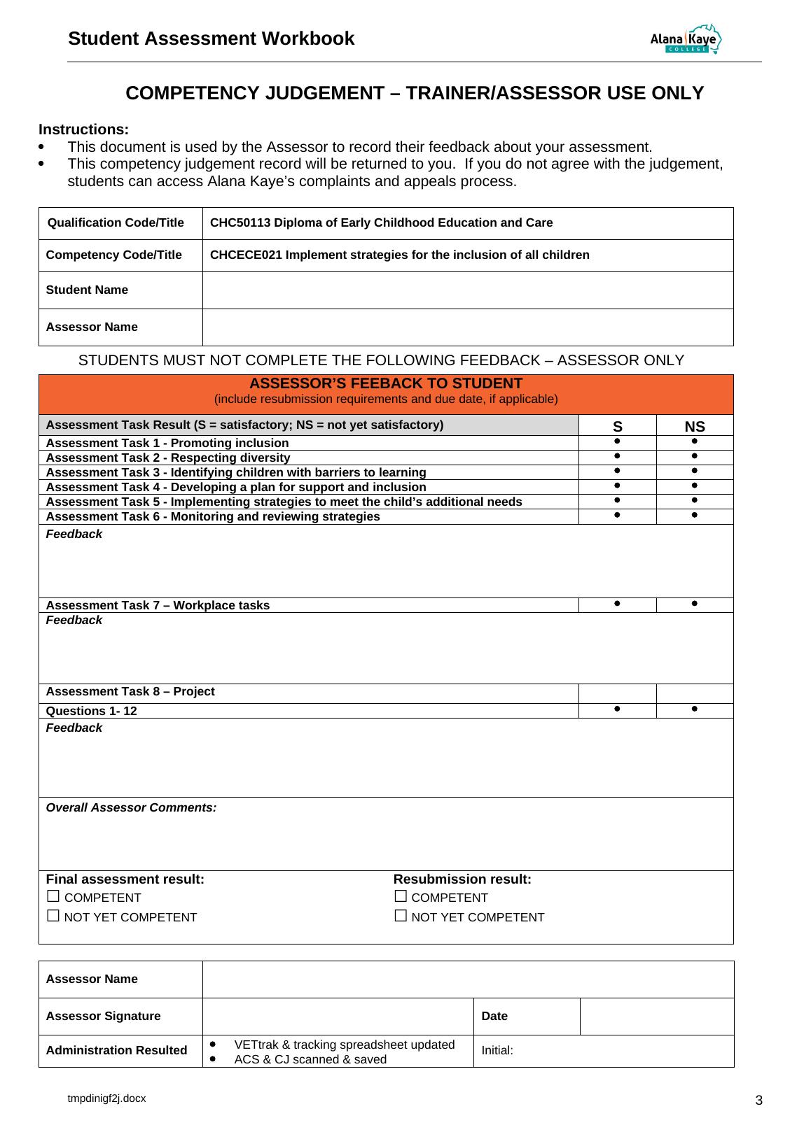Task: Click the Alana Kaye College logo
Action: [686, 40]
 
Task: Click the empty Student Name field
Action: [467, 290]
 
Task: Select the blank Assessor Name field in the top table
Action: [467, 327]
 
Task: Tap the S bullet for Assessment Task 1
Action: [617, 441]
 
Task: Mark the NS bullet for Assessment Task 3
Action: [694, 471]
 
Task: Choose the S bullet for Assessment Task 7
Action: [617, 603]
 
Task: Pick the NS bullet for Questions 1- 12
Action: [694, 709]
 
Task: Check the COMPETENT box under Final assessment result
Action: [53, 896]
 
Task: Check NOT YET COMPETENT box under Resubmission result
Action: [401, 916]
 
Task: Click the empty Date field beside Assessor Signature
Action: [656, 1016]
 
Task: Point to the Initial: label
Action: [497, 1050]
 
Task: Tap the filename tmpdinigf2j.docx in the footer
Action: [106, 1098]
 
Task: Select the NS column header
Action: [695, 427]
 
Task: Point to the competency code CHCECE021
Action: [245, 255]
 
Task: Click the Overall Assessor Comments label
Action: [131, 808]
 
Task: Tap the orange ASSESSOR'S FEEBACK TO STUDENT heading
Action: [386, 384]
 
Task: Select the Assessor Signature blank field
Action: [338, 1016]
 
